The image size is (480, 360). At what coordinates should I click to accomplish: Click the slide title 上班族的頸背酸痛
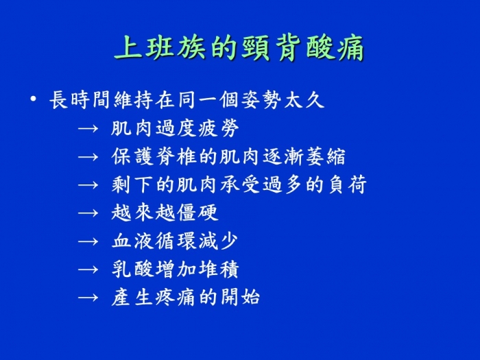pos(239,48)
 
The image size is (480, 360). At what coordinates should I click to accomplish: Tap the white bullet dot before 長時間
pos(34,99)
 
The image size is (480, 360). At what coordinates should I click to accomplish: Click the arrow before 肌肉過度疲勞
pos(88,129)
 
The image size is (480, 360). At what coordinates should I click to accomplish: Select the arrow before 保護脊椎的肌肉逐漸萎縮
pos(88,157)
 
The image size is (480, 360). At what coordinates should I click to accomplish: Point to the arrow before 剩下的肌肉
pos(88,185)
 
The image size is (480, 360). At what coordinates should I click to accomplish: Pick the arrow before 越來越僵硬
pos(88,213)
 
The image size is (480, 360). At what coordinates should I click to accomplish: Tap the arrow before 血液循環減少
pos(88,241)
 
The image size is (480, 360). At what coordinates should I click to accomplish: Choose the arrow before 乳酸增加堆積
pos(88,269)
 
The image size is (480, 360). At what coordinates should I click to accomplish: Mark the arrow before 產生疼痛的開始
pos(88,298)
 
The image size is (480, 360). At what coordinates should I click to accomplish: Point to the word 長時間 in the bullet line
pos(80,100)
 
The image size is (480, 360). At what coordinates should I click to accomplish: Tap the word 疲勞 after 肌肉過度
pos(219,128)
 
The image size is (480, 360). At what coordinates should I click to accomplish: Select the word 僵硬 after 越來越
pos(197,213)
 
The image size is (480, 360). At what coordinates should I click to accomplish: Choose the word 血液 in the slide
pos(132,241)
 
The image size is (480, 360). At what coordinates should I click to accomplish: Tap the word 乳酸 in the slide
pos(132,269)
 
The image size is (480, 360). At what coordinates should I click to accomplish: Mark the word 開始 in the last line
pos(240,297)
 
